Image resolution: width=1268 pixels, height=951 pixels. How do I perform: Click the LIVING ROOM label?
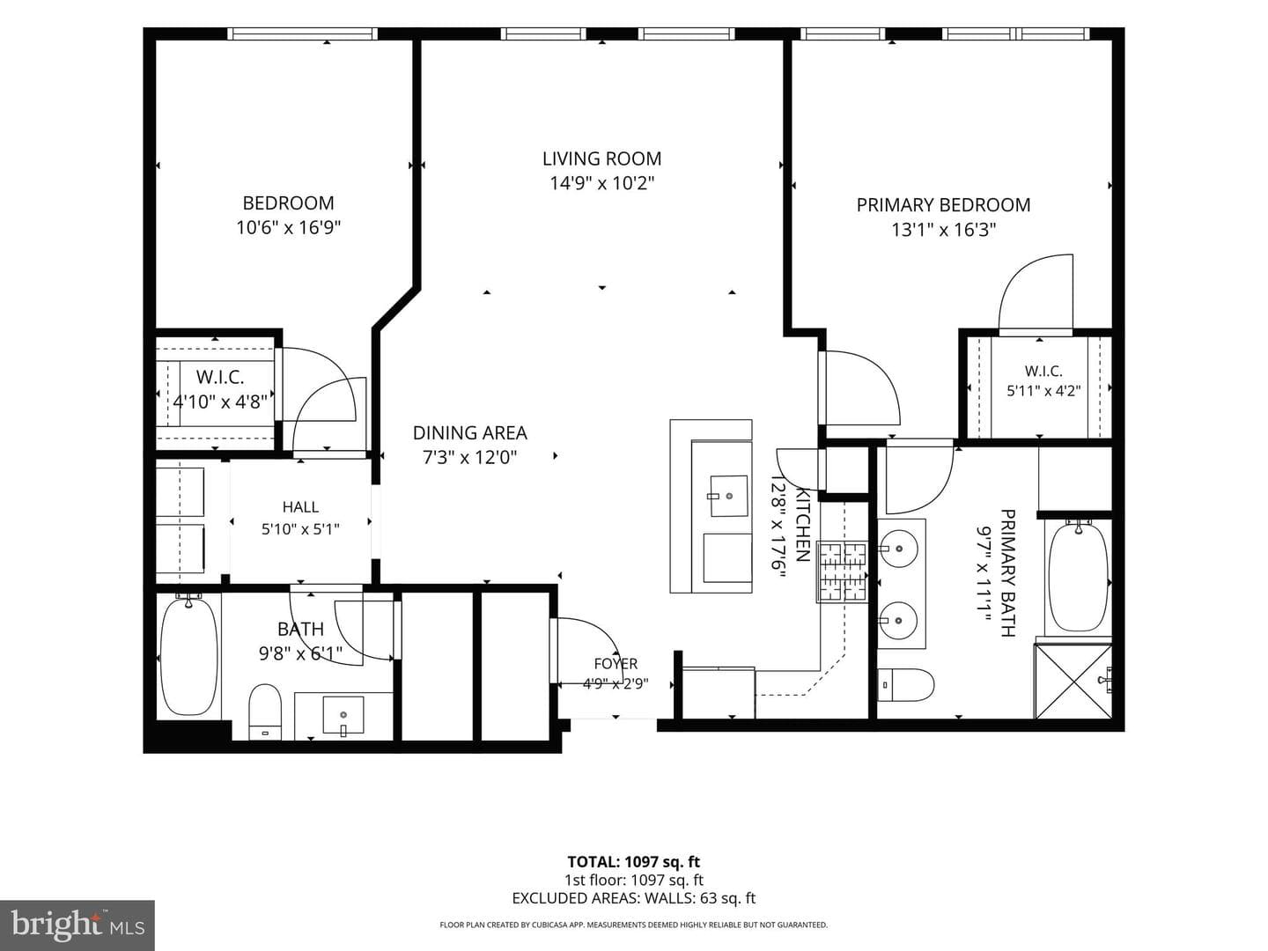(x=601, y=158)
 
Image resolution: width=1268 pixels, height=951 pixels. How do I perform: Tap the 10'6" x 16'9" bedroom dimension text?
(x=288, y=228)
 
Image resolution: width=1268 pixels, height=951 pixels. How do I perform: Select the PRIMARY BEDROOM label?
(x=943, y=205)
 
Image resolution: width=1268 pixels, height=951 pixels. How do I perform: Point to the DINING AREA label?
(x=469, y=433)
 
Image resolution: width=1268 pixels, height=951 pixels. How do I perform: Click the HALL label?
(x=300, y=507)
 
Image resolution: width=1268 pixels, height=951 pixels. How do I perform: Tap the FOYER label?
(x=616, y=664)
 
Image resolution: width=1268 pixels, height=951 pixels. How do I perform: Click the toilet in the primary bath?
(x=905, y=685)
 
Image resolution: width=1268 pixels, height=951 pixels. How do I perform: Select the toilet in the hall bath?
(x=265, y=711)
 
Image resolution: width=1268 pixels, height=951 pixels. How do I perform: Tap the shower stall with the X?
(x=1073, y=682)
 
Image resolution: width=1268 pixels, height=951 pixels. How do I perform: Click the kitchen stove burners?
(x=844, y=572)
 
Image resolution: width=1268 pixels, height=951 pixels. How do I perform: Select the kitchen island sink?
(x=727, y=496)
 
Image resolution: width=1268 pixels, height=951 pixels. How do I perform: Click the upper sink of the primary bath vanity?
(x=899, y=548)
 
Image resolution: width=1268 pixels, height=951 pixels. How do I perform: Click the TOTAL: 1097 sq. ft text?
(x=634, y=862)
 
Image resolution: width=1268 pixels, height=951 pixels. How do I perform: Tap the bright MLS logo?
(x=77, y=925)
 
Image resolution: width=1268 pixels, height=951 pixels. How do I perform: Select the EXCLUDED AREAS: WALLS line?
(x=634, y=898)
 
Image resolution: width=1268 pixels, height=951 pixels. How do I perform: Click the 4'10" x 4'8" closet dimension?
(x=220, y=402)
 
